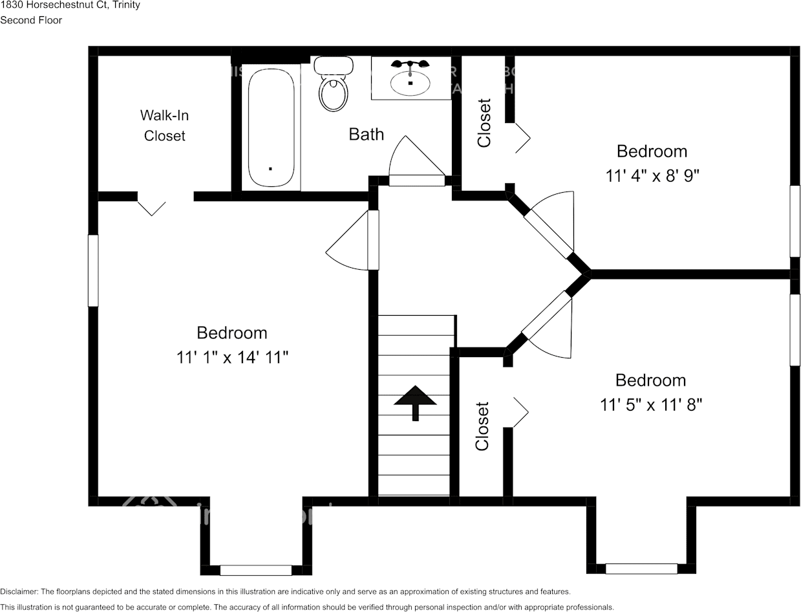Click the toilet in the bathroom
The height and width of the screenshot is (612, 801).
(x=334, y=87)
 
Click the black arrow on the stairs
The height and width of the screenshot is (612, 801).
(x=414, y=402)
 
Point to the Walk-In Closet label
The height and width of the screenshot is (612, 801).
(x=164, y=126)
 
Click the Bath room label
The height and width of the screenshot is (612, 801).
(x=366, y=134)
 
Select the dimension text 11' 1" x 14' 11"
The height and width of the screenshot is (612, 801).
(x=232, y=356)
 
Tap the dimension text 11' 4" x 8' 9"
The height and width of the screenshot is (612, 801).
(x=652, y=175)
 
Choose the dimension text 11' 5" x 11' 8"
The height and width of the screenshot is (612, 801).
(x=650, y=404)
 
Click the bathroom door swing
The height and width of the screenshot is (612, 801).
(x=414, y=162)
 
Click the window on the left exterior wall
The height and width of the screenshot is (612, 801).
(x=93, y=270)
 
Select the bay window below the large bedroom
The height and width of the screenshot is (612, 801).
(x=256, y=570)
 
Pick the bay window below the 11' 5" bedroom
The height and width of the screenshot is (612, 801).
(x=641, y=569)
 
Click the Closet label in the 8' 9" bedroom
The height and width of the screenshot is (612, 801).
(x=484, y=123)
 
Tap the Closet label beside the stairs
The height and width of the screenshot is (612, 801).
(x=482, y=426)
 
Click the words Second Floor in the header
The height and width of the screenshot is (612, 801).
(x=31, y=20)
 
